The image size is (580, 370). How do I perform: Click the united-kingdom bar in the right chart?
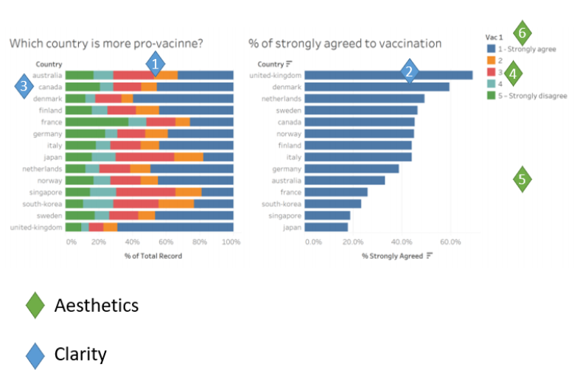[x=388, y=75]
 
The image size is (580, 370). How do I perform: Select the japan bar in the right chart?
[x=326, y=228]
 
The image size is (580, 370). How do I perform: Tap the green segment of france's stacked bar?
[x=97, y=122]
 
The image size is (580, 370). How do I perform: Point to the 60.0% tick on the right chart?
[x=450, y=241]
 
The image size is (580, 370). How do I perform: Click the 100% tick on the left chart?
[x=231, y=241]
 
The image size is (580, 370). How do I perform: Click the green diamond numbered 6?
[x=522, y=32]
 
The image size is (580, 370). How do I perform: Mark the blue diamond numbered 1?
[x=154, y=64]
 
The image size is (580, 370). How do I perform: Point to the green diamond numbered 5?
[x=522, y=179]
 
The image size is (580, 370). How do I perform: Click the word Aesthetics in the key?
[x=96, y=304]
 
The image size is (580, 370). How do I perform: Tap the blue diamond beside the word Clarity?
[x=35, y=355]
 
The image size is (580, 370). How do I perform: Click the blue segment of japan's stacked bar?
[x=218, y=157]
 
